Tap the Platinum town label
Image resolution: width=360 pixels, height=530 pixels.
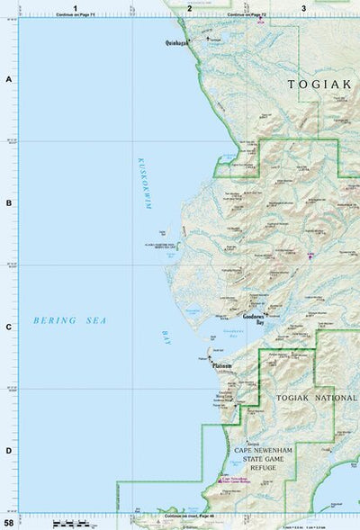coord(221,366)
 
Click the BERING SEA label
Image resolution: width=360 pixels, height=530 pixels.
coord(58,320)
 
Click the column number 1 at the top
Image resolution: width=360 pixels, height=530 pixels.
coord(76,8)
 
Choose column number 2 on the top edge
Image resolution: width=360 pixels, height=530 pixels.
coord(189,8)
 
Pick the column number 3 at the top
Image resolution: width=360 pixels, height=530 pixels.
coord(303,8)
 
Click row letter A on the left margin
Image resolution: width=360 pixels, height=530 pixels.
coord(8,80)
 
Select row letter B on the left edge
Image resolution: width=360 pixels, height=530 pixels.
coord(8,203)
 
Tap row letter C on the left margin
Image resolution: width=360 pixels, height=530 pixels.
coord(8,327)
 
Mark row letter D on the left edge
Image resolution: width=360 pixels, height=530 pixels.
coord(8,450)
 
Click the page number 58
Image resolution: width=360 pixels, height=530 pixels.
coord(9,523)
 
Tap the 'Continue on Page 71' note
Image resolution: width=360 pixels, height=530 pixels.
coord(76,15)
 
